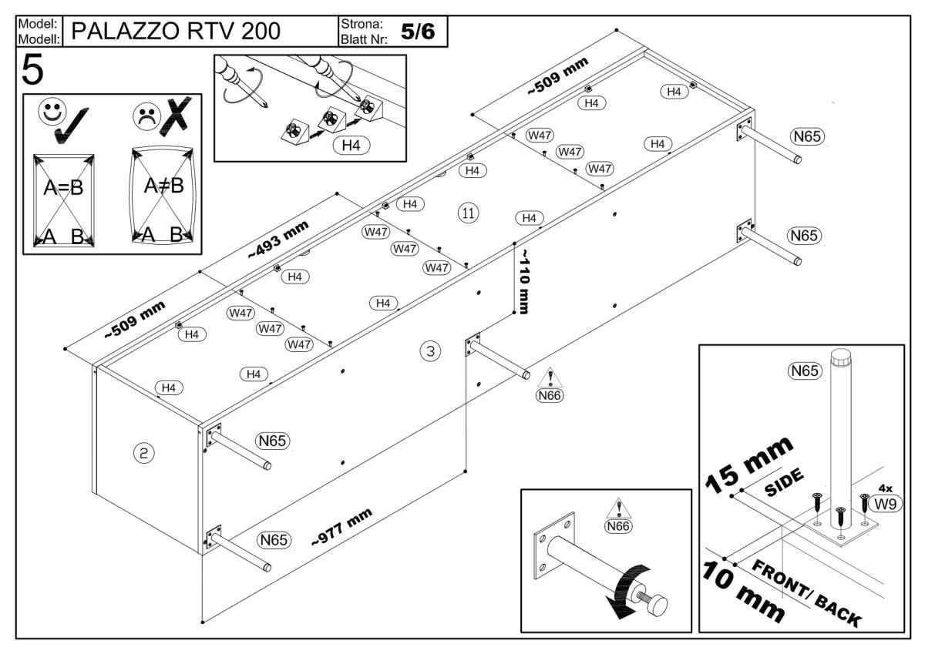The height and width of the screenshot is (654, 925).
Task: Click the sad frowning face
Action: click(145, 116)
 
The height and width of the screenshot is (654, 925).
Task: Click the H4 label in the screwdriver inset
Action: click(351, 145)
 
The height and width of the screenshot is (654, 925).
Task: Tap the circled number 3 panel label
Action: click(430, 351)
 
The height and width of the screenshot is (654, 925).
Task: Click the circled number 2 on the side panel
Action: click(143, 453)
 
